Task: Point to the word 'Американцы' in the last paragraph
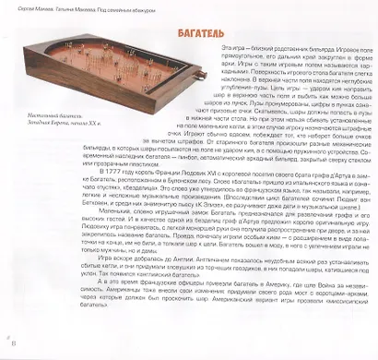pyautogui.click(x=67, y=325)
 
